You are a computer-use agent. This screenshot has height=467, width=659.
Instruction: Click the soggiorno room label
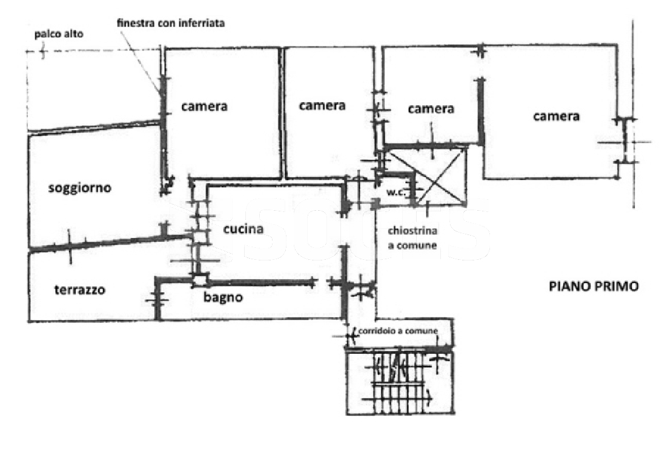[x=80, y=188]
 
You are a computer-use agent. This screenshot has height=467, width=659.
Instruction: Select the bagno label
[x=223, y=297]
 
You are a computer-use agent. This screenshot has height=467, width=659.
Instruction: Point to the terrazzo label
[x=80, y=290]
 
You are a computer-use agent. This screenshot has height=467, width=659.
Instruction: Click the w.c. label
[x=396, y=193]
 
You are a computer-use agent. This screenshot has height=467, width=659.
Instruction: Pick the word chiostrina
[x=412, y=231]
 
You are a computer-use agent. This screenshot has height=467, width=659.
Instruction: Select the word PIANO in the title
[x=568, y=286]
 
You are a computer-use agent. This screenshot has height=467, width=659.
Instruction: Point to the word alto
[x=73, y=34]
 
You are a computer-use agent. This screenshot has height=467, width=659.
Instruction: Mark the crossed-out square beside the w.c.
[x=440, y=176]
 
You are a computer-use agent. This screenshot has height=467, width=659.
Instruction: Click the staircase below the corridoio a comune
[x=400, y=383]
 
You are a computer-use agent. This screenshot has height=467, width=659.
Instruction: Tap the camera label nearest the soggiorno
[x=205, y=107]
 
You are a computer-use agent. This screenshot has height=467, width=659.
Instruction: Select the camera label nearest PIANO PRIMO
[x=556, y=116]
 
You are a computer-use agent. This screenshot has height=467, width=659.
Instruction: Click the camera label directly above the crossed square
[x=431, y=109]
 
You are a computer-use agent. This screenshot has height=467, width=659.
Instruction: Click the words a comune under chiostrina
[x=412, y=245]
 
